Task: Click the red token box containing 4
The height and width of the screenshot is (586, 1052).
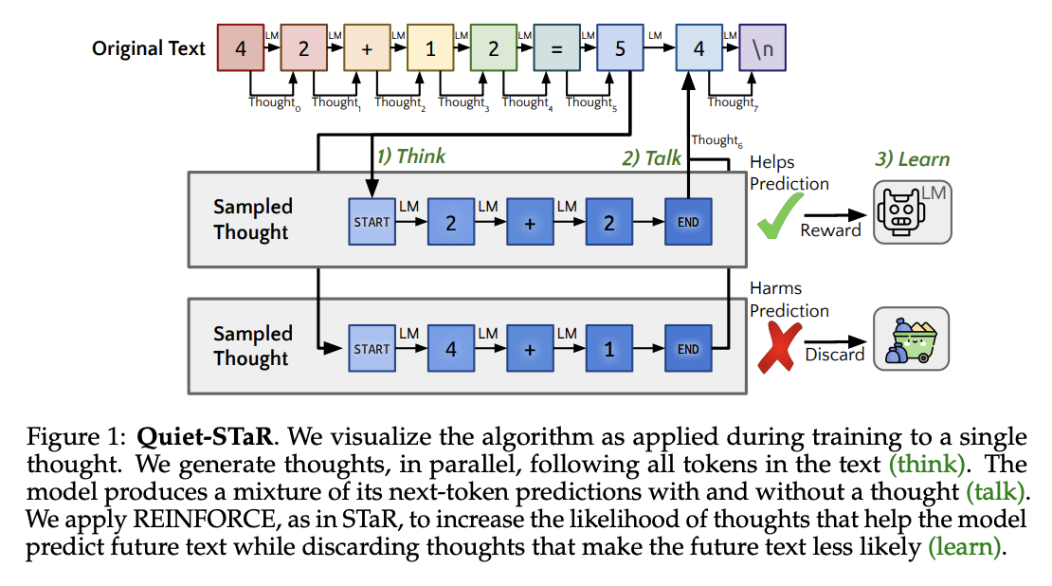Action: (241, 48)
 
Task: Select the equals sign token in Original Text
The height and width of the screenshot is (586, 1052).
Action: (556, 48)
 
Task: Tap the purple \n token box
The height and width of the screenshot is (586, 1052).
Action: (762, 48)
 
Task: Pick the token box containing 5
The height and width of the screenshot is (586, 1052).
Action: (620, 48)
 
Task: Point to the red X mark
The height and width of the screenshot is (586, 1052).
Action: (777, 348)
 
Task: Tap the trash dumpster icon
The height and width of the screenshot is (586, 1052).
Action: (910, 339)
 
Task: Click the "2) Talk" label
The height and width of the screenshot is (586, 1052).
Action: (651, 157)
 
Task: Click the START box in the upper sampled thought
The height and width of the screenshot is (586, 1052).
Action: (372, 223)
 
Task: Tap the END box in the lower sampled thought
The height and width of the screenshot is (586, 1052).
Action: (688, 349)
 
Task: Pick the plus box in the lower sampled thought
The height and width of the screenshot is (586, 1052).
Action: (530, 349)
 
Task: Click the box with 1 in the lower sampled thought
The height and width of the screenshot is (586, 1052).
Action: (609, 349)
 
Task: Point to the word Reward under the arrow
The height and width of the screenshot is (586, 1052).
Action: (830, 230)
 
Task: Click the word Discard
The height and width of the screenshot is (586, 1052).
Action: (834, 355)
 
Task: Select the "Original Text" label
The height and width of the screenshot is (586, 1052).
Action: (149, 48)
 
